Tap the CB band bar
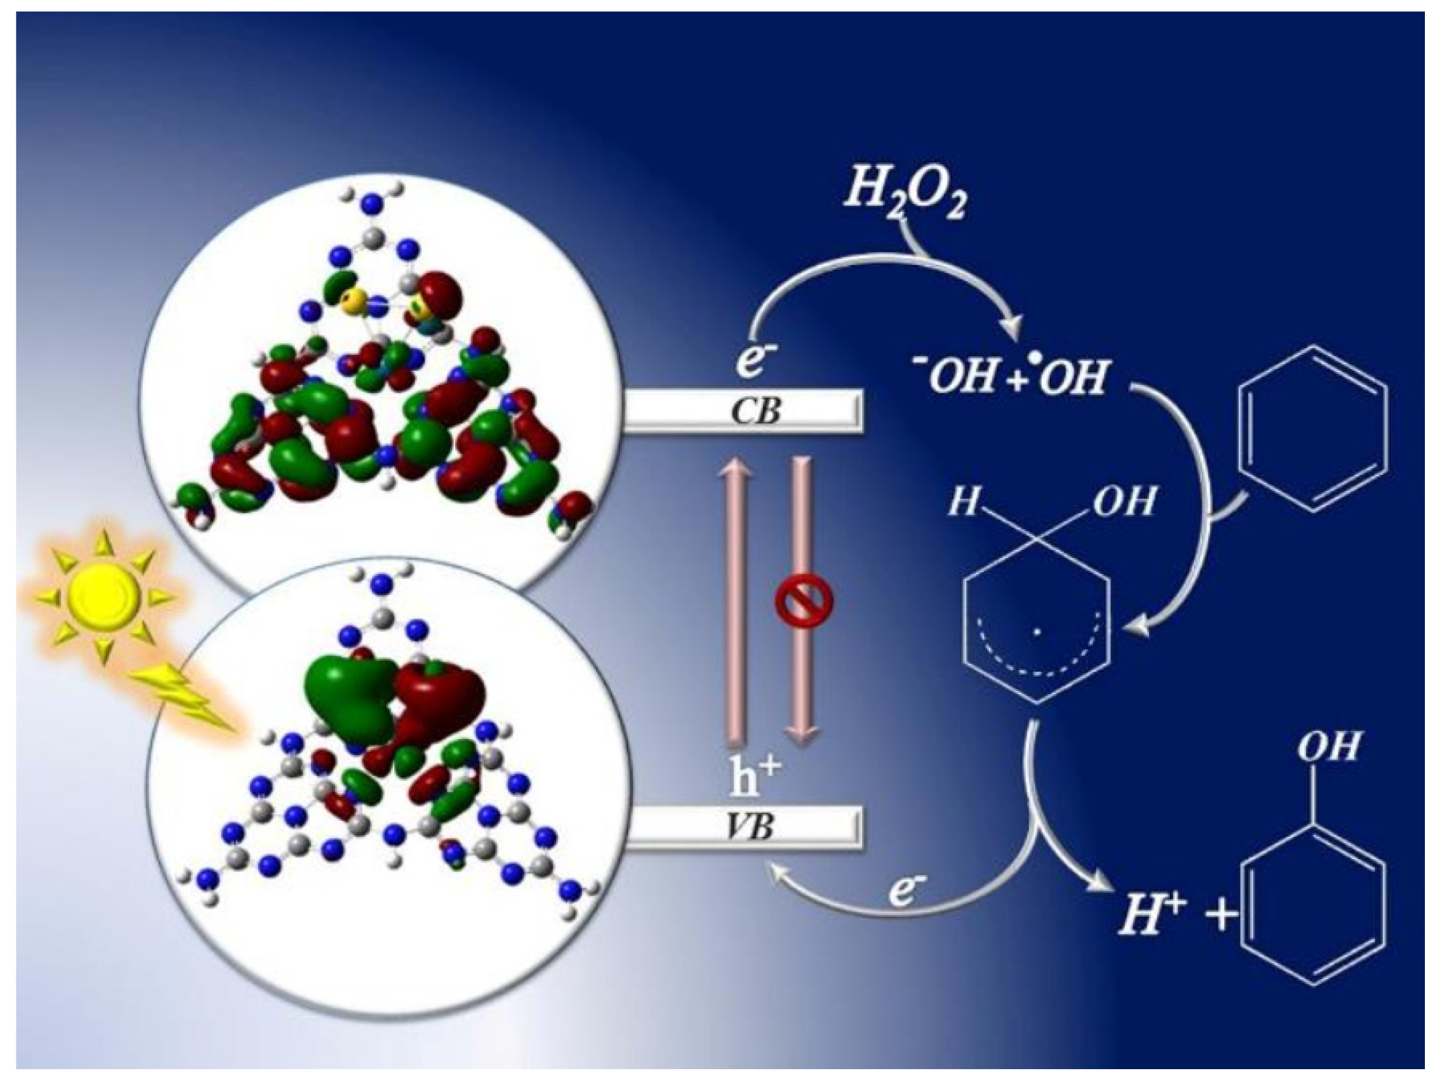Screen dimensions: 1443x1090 click(743, 412)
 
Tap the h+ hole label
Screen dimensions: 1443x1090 click(754, 774)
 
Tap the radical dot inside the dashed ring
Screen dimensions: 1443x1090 click(1037, 632)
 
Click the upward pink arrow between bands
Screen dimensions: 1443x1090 click(736, 606)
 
